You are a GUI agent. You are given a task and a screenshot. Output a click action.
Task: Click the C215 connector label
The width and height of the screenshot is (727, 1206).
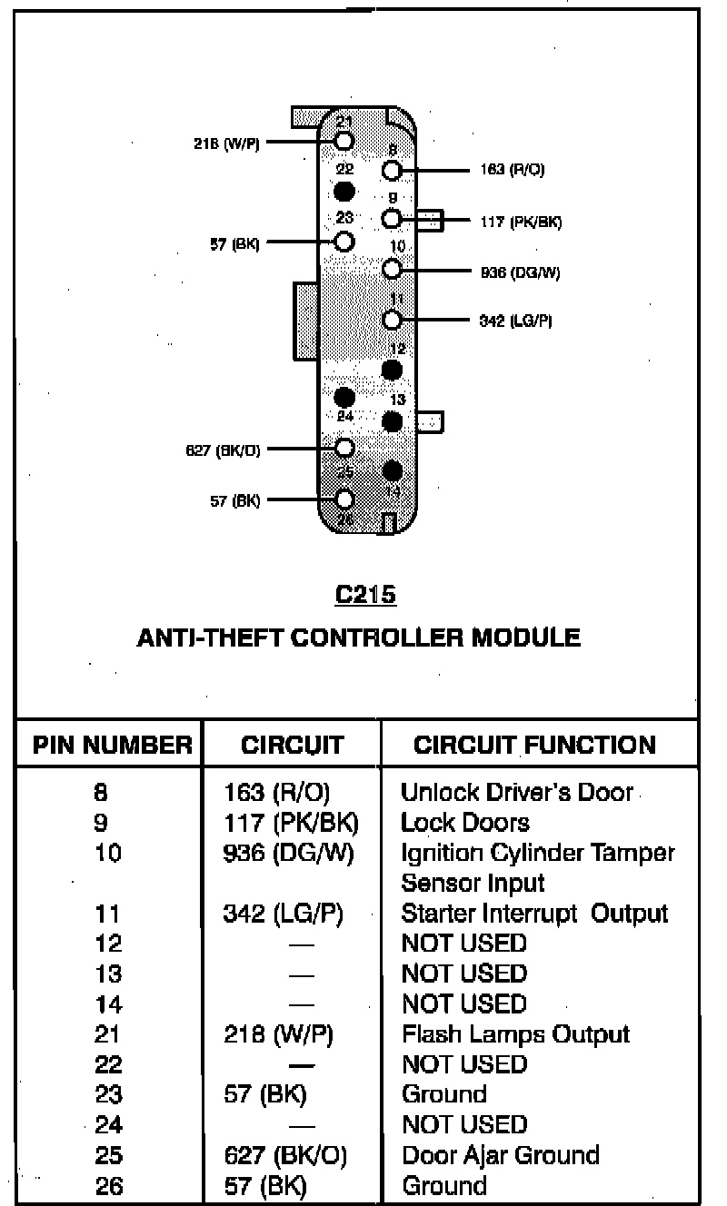[365, 595]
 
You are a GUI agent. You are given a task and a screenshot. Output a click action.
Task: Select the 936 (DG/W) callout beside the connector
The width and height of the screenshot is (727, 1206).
[520, 271]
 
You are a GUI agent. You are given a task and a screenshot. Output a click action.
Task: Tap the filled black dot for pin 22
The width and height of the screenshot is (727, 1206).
[344, 191]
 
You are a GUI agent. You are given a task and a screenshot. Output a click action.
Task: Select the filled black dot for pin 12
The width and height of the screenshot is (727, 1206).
[392, 370]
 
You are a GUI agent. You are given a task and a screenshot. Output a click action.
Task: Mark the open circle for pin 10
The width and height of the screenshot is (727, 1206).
[392, 269]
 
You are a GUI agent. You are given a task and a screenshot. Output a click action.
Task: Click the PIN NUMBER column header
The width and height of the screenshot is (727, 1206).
[113, 746]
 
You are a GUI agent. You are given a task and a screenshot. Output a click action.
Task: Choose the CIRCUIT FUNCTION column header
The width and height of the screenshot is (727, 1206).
[534, 746]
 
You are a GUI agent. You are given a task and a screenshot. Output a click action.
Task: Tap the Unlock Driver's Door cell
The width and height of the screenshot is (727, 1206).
[516, 792]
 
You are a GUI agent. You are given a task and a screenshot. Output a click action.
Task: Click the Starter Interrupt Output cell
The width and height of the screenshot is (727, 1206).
[534, 913]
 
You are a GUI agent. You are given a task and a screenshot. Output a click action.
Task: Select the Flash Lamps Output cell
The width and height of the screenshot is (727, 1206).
[515, 1034]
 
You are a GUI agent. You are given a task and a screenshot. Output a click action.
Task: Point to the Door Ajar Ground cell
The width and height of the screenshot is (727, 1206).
[501, 1155]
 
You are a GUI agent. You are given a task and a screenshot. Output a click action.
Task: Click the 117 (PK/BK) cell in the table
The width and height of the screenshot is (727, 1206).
[291, 823]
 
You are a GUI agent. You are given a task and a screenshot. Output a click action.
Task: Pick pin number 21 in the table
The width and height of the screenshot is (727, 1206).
[108, 1034]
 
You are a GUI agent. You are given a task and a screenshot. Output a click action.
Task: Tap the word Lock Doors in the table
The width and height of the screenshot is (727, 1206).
[464, 823]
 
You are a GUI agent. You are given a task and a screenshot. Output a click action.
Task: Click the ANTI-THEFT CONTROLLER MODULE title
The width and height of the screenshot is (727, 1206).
[358, 638]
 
